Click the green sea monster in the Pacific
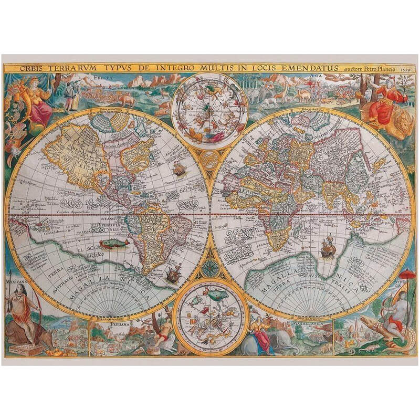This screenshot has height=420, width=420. point(114,243)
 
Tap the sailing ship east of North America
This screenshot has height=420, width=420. point(180,169)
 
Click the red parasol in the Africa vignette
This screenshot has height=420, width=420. point(407,274)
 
